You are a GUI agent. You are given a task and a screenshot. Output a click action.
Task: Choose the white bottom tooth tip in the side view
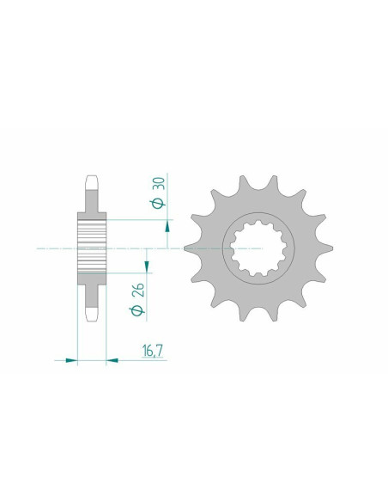92,316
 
